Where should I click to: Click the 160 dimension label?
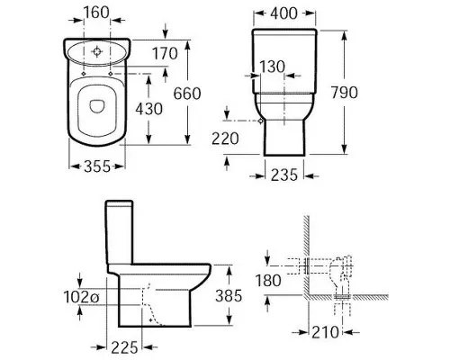click(x=96, y=13)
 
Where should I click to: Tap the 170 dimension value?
click(x=165, y=54)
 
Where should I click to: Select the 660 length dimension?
click(x=187, y=94)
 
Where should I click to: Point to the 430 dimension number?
click(x=149, y=109)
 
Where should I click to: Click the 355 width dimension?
click(x=97, y=166)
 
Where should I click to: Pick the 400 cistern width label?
click(x=283, y=13)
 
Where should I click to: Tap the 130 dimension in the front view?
click(x=272, y=67)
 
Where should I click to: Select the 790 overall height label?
click(x=345, y=93)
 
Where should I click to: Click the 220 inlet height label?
click(x=225, y=139)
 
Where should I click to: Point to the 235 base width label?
click(x=284, y=175)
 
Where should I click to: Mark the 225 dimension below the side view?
click(x=124, y=347)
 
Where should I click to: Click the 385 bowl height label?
click(x=229, y=296)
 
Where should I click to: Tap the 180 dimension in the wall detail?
click(x=268, y=281)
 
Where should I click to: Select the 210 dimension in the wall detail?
click(x=325, y=332)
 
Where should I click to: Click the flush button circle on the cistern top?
click(x=97, y=51)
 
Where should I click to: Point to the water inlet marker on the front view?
click(x=260, y=121)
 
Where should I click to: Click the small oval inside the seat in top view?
click(x=97, y=106)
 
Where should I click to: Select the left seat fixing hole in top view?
click(x=84, y=74)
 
